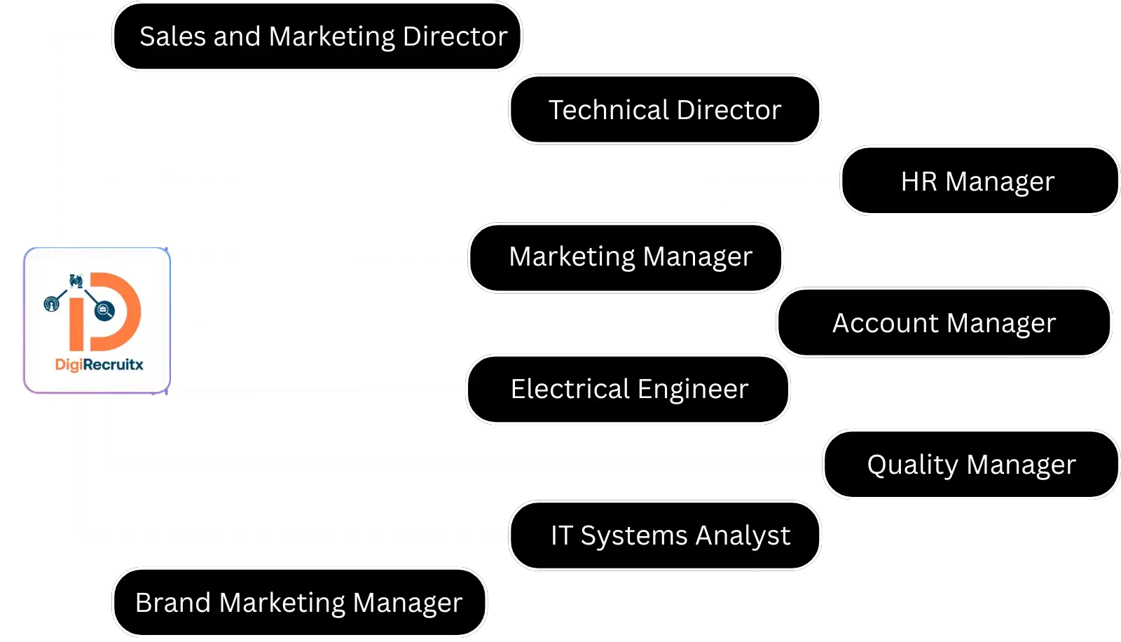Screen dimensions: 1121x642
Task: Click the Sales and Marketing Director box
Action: coord(317,36)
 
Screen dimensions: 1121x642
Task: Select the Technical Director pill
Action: coord(665,109)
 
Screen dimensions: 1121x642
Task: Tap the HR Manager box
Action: coord(980,180)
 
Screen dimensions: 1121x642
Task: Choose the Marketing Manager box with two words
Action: coord(626,257)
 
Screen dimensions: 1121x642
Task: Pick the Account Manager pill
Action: coord(944,322)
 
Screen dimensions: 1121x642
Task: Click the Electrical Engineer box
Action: coord(628,389)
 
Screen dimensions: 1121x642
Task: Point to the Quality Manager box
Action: coord(971,464)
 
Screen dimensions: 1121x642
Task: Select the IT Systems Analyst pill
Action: coord(665,535)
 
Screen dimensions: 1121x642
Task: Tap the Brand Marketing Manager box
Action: coord(299,602)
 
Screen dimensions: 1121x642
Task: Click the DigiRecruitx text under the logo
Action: coord(99,364)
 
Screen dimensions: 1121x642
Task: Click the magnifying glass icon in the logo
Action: coord(104,310)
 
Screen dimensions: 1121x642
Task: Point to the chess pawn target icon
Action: coord(52,303)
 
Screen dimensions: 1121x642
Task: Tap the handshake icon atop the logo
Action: coord(76,281)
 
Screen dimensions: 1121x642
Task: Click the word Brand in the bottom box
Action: coord(172,603)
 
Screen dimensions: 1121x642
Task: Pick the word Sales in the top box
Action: coord(172,36)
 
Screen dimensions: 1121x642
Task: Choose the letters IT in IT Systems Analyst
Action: coord(561,535)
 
